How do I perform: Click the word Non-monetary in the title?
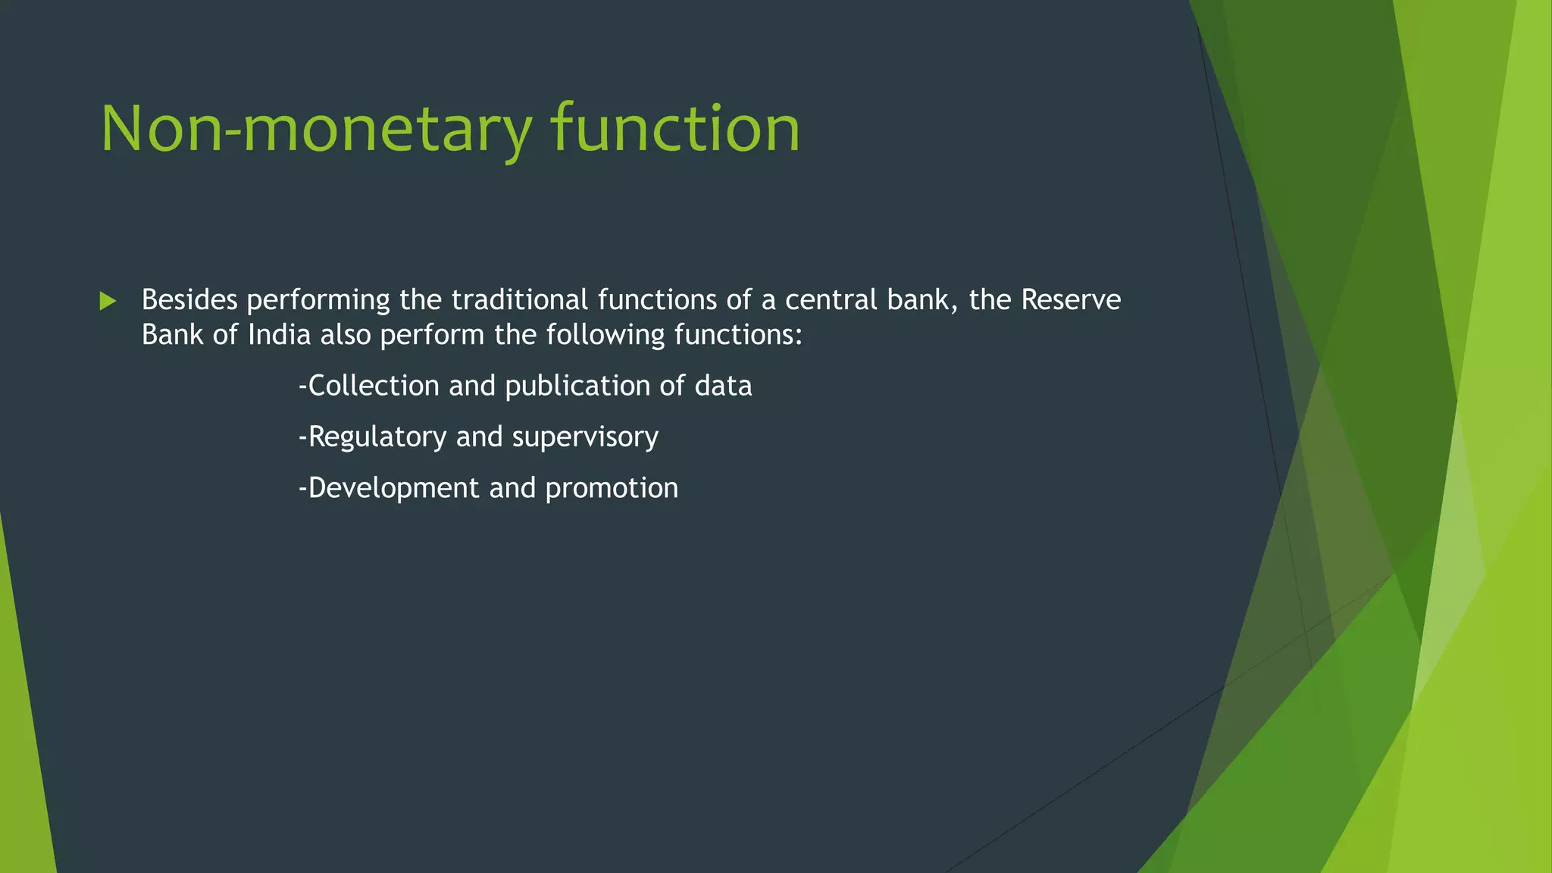315,130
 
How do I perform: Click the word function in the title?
675,130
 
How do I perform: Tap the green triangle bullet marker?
108,301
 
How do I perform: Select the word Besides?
189,300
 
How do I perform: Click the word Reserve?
1071,300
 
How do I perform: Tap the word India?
279,335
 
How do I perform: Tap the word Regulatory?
377,437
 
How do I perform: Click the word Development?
393,488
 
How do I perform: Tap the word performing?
318,301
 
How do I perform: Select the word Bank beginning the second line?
172,335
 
